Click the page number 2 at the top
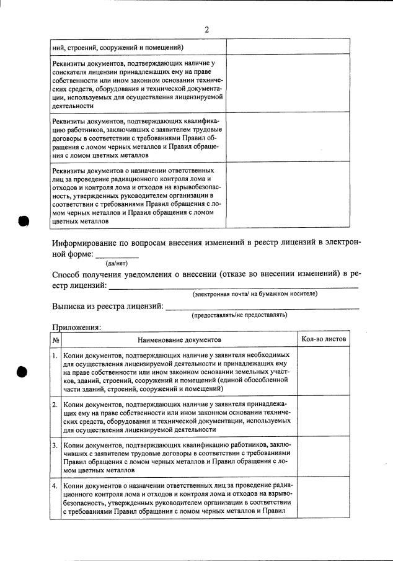pyautogui.click(x=206, y=29)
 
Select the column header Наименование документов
pyautogui.click(x=179, y=340)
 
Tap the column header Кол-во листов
pyautogui.click(x=324, y=339)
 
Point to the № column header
pyautogui.click(x=55, y=340)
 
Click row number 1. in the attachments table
pyautogui.click(x=55, y=356)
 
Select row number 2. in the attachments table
pyautogui.click(x=55, y=404)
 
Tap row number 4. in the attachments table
pyautogui.click(x=55, y=485)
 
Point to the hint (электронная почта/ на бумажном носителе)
pyautogui.click(x=255, y=293)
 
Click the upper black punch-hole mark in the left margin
pyautogui.click(x=24, y=222)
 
